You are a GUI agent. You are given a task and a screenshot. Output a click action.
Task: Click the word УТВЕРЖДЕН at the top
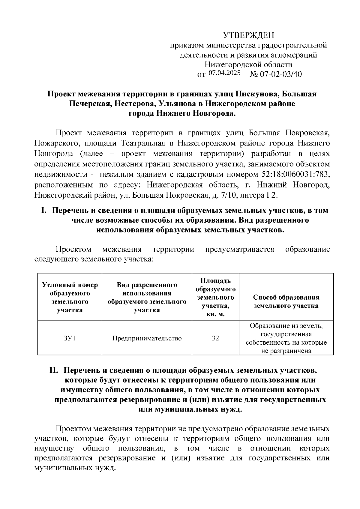pyautogui.click(x=249, y=36)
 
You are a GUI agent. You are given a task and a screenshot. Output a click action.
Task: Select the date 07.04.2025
pyautogui.click(x=224, y=73)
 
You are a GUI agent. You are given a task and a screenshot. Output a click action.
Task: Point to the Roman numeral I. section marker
pyautogui.click(x=43, y=211)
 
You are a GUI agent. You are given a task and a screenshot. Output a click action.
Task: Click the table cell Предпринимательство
pyautogui.click(x=147, y=338)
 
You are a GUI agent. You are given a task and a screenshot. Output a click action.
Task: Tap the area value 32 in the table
pyautogui.click(x=215, y=338)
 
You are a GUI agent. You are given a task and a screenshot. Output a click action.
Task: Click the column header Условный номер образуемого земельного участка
pyautogui.click(x=70, y=297)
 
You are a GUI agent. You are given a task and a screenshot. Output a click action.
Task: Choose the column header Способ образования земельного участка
pyautogui.click(x=286, y=301)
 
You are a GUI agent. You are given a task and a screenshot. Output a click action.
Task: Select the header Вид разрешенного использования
pyautogui.click(x=147, y=297)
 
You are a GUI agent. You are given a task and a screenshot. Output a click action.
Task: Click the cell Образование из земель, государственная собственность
pyautogui.click(x=286, y=338)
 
